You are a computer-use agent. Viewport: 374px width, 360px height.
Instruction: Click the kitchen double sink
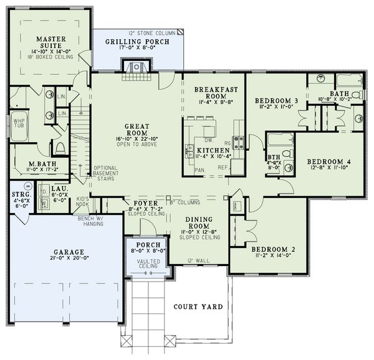(188, 150)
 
